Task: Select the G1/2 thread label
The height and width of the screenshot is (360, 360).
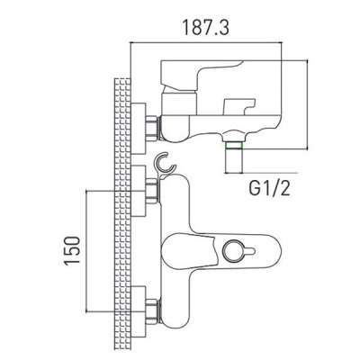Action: point(270,188)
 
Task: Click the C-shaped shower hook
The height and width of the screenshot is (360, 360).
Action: point(164,166)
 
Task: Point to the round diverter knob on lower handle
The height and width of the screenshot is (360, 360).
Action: point(240,250)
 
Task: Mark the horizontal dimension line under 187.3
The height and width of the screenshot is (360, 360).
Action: point(216,44)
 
